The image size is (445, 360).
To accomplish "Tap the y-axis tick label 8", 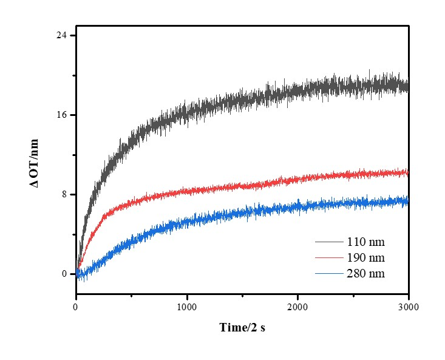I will click(x=64, y=194).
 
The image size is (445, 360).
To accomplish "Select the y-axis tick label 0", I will click(x=64, y=274).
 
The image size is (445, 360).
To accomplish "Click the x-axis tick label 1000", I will click(x=187, y=307).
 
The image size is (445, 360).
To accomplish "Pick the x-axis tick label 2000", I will click(x=297, y=307).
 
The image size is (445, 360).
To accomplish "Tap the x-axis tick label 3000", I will click(x=408, y=307).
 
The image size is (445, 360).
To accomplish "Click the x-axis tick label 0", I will click(x=76, y=307).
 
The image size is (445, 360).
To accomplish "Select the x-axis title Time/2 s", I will click(x=242, y=328).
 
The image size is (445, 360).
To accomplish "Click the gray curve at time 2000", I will click(x=297, y=91).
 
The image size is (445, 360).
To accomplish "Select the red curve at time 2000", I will click(x=297, y=178).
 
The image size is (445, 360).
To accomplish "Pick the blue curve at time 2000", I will click(x=297, y=206).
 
